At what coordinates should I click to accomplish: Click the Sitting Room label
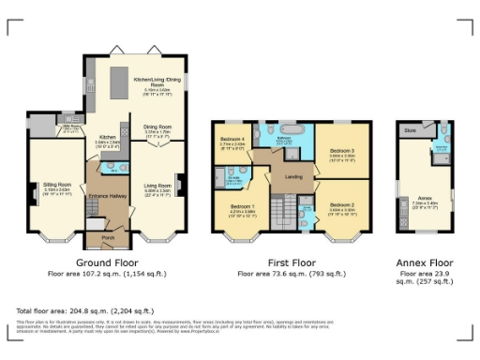[57, 186]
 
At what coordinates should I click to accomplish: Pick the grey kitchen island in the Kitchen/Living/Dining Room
[121, 85]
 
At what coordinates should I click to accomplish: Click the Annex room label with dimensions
[422, 198]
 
